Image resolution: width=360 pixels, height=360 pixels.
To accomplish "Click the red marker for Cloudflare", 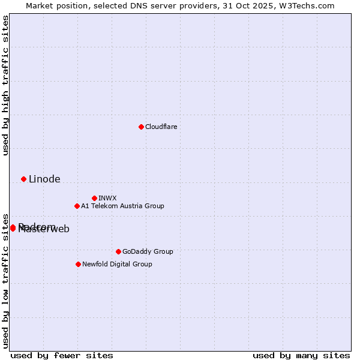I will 141,127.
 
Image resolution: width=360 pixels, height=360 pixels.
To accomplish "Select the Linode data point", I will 23,179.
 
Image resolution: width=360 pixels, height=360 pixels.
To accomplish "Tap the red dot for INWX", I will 94,198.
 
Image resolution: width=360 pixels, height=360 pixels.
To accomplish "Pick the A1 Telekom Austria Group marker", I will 77,206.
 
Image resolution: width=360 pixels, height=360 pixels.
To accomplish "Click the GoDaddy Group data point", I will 118,251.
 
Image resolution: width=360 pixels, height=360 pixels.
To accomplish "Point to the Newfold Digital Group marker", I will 78,264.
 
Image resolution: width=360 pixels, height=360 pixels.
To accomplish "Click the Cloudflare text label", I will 161,127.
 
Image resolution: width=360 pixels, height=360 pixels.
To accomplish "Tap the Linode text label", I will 44,179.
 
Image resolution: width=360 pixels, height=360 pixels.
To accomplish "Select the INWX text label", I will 107,198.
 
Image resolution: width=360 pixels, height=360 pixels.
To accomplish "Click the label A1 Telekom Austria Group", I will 122,206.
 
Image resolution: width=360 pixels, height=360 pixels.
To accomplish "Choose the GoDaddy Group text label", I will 148,251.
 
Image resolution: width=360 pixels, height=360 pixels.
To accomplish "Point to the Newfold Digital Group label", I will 117,264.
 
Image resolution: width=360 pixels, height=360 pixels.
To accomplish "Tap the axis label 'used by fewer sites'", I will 62,355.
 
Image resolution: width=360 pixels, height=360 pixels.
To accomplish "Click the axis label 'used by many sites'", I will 301,355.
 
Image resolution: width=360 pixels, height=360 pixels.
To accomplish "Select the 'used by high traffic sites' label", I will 6,85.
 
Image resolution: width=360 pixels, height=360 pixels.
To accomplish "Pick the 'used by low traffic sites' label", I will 6,280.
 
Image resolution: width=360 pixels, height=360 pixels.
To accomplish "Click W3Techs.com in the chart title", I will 305,5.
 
